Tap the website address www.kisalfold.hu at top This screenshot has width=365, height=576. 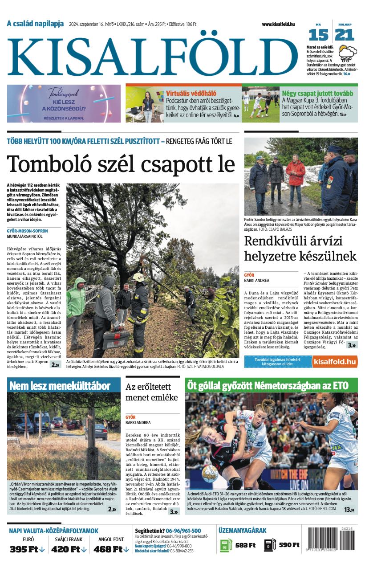click(x=278, y=24)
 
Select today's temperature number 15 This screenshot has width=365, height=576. click(x=318, y=35)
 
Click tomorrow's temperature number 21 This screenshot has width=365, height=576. click(x=345, y=35)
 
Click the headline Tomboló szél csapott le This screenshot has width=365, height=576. click(x=121, y=164)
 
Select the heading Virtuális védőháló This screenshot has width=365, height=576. click(x=191, y=93)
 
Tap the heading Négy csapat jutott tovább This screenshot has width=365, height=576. click(x=317, y=93)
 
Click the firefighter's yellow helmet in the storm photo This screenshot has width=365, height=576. click(x=138, y=277)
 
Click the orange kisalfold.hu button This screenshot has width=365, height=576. click(x=334, y=361)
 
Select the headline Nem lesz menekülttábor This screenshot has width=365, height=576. click(x=60, y=386)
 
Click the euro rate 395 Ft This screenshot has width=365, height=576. click(x=27, y=549)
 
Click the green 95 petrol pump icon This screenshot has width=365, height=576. click(x=226, y=545)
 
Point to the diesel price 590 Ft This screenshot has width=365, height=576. click(x=288, y=545)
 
